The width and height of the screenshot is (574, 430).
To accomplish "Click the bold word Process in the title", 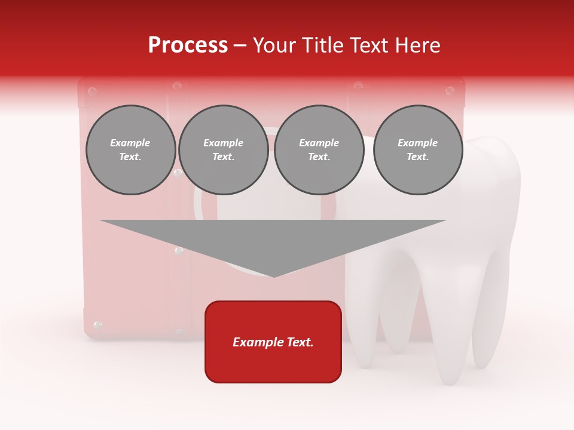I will [188, 45].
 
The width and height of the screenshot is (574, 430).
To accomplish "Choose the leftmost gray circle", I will [130, 150].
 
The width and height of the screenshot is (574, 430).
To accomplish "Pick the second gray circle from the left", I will [223, 150].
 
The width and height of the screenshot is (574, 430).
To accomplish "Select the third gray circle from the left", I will [319, 150].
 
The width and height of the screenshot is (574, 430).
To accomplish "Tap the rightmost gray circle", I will [417, 150].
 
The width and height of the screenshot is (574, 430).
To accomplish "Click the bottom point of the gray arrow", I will [274, 276].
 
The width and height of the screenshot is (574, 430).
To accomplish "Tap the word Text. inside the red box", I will [299, 342].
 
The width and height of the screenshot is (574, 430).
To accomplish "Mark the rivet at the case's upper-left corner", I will [92, 91].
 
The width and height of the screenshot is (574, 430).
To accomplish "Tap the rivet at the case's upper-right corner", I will [450, 91].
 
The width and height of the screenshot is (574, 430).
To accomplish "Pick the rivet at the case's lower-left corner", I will [98, 325].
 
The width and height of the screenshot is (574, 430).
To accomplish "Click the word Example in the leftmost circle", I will [130, 143].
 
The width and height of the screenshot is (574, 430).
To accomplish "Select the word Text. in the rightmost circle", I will [417, 157].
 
